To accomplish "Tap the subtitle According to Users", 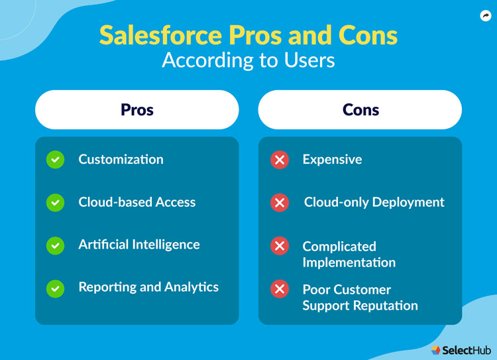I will (248, 60).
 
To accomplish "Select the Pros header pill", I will (137, 109).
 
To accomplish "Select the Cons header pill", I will (360, 109).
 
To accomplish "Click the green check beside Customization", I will (56, 160).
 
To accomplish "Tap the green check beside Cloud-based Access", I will (56, 202).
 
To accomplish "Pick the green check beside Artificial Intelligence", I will (56, 245).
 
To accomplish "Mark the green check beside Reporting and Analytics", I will (56, 288).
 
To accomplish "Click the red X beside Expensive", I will (280, 160).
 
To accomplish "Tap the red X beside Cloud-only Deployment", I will (280, 203).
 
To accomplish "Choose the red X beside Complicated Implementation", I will (280, 246).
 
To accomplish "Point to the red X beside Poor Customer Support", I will (280, 289).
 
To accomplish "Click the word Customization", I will (121, 159).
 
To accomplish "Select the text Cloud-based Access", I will (137, 202).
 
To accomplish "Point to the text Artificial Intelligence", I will (139, 245).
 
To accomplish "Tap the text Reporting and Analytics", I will (148, 287).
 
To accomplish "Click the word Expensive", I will (332, 159).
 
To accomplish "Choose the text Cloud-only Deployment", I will (374, 202).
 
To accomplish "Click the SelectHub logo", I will (461, 349).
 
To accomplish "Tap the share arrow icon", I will (485, 16).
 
